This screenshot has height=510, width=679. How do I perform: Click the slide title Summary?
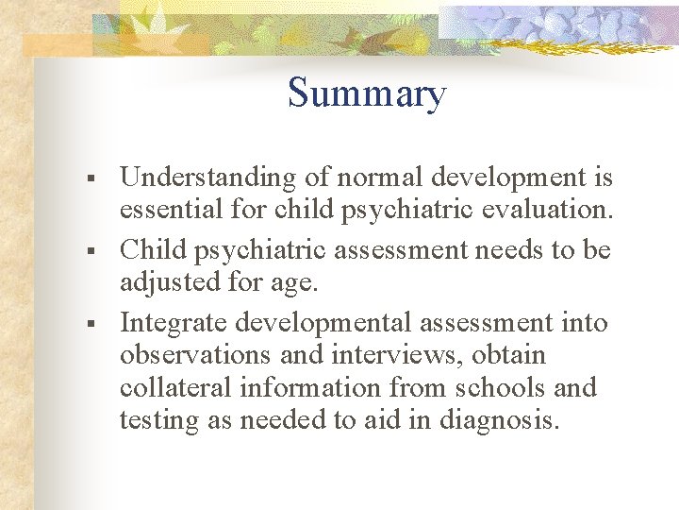[366, 94]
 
